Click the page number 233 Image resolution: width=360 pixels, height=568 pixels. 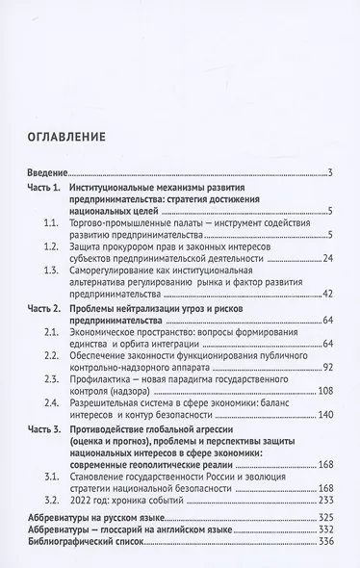coord(324,502)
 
